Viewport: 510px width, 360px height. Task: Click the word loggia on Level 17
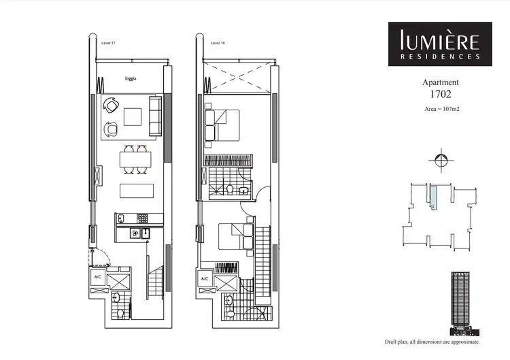[x=131, y=79]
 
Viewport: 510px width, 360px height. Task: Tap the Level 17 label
[x=107, y=42]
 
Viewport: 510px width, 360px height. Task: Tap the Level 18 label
[x=218, y=42]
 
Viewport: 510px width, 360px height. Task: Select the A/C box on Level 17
[x=98, y=277]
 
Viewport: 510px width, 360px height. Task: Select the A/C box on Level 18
[x=205, y=279]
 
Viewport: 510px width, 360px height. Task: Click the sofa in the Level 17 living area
[x=155, y=116]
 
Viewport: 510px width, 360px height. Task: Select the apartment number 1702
[x=440, y=96]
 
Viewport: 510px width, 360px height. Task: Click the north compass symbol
[x=440, y=161]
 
